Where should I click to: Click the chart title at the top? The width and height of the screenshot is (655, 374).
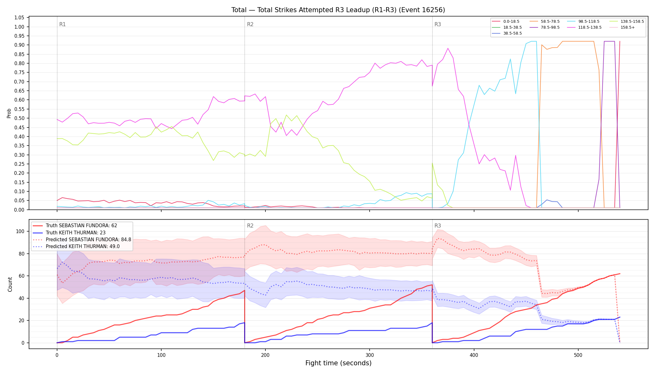(338, 10)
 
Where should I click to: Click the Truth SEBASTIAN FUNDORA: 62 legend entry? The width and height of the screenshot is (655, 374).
(75, 226)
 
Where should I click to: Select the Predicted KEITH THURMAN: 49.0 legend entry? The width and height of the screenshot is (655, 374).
(76, 247)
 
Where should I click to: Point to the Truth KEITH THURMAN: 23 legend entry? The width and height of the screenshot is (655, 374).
(69, 233)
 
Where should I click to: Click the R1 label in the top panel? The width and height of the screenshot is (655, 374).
(62, 24)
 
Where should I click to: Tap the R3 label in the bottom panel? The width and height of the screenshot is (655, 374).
(438, 226)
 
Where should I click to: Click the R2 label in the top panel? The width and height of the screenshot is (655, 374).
(250, 24)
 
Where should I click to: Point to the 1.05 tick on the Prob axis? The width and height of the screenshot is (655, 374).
(19, 18)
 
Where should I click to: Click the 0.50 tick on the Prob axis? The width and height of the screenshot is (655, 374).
(19, 118)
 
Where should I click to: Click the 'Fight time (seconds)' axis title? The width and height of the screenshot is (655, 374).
(338, 363)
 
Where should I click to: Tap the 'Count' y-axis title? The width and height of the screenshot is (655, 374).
(10, 284)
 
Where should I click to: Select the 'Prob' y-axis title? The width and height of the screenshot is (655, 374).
(9, 113)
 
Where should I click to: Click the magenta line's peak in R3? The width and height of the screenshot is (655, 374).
(448, 48)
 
